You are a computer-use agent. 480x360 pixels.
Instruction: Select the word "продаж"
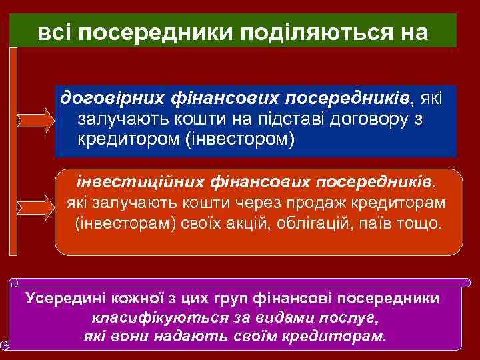[311, 202]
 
